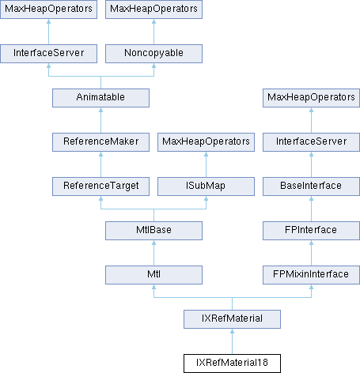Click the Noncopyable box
tap(153, 54)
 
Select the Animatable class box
tap(100, 98)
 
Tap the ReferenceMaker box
tap(100, 142)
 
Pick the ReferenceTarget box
tap(100, 186)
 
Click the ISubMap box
tap(206, 186)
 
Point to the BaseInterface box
tap(311, 186)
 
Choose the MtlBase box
tap(153, 231)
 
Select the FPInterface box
tap(311, 231)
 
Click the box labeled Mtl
tap(153, 275)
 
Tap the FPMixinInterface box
tap(311, 275)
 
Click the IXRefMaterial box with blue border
tap(232, 319)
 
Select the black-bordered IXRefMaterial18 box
tap(232, 364)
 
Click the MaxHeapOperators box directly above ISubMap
tap(206, 142)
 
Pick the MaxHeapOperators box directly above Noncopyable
tap(153, 9)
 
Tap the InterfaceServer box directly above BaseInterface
tap(311, 142)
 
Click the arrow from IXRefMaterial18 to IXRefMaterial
tap(232, 341)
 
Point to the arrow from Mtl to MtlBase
tap(153, 253)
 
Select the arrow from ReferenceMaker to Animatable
tap(100, 120)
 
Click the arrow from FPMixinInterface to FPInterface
tap(311, 253)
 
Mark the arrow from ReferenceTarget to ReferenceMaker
tap(100, 164)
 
